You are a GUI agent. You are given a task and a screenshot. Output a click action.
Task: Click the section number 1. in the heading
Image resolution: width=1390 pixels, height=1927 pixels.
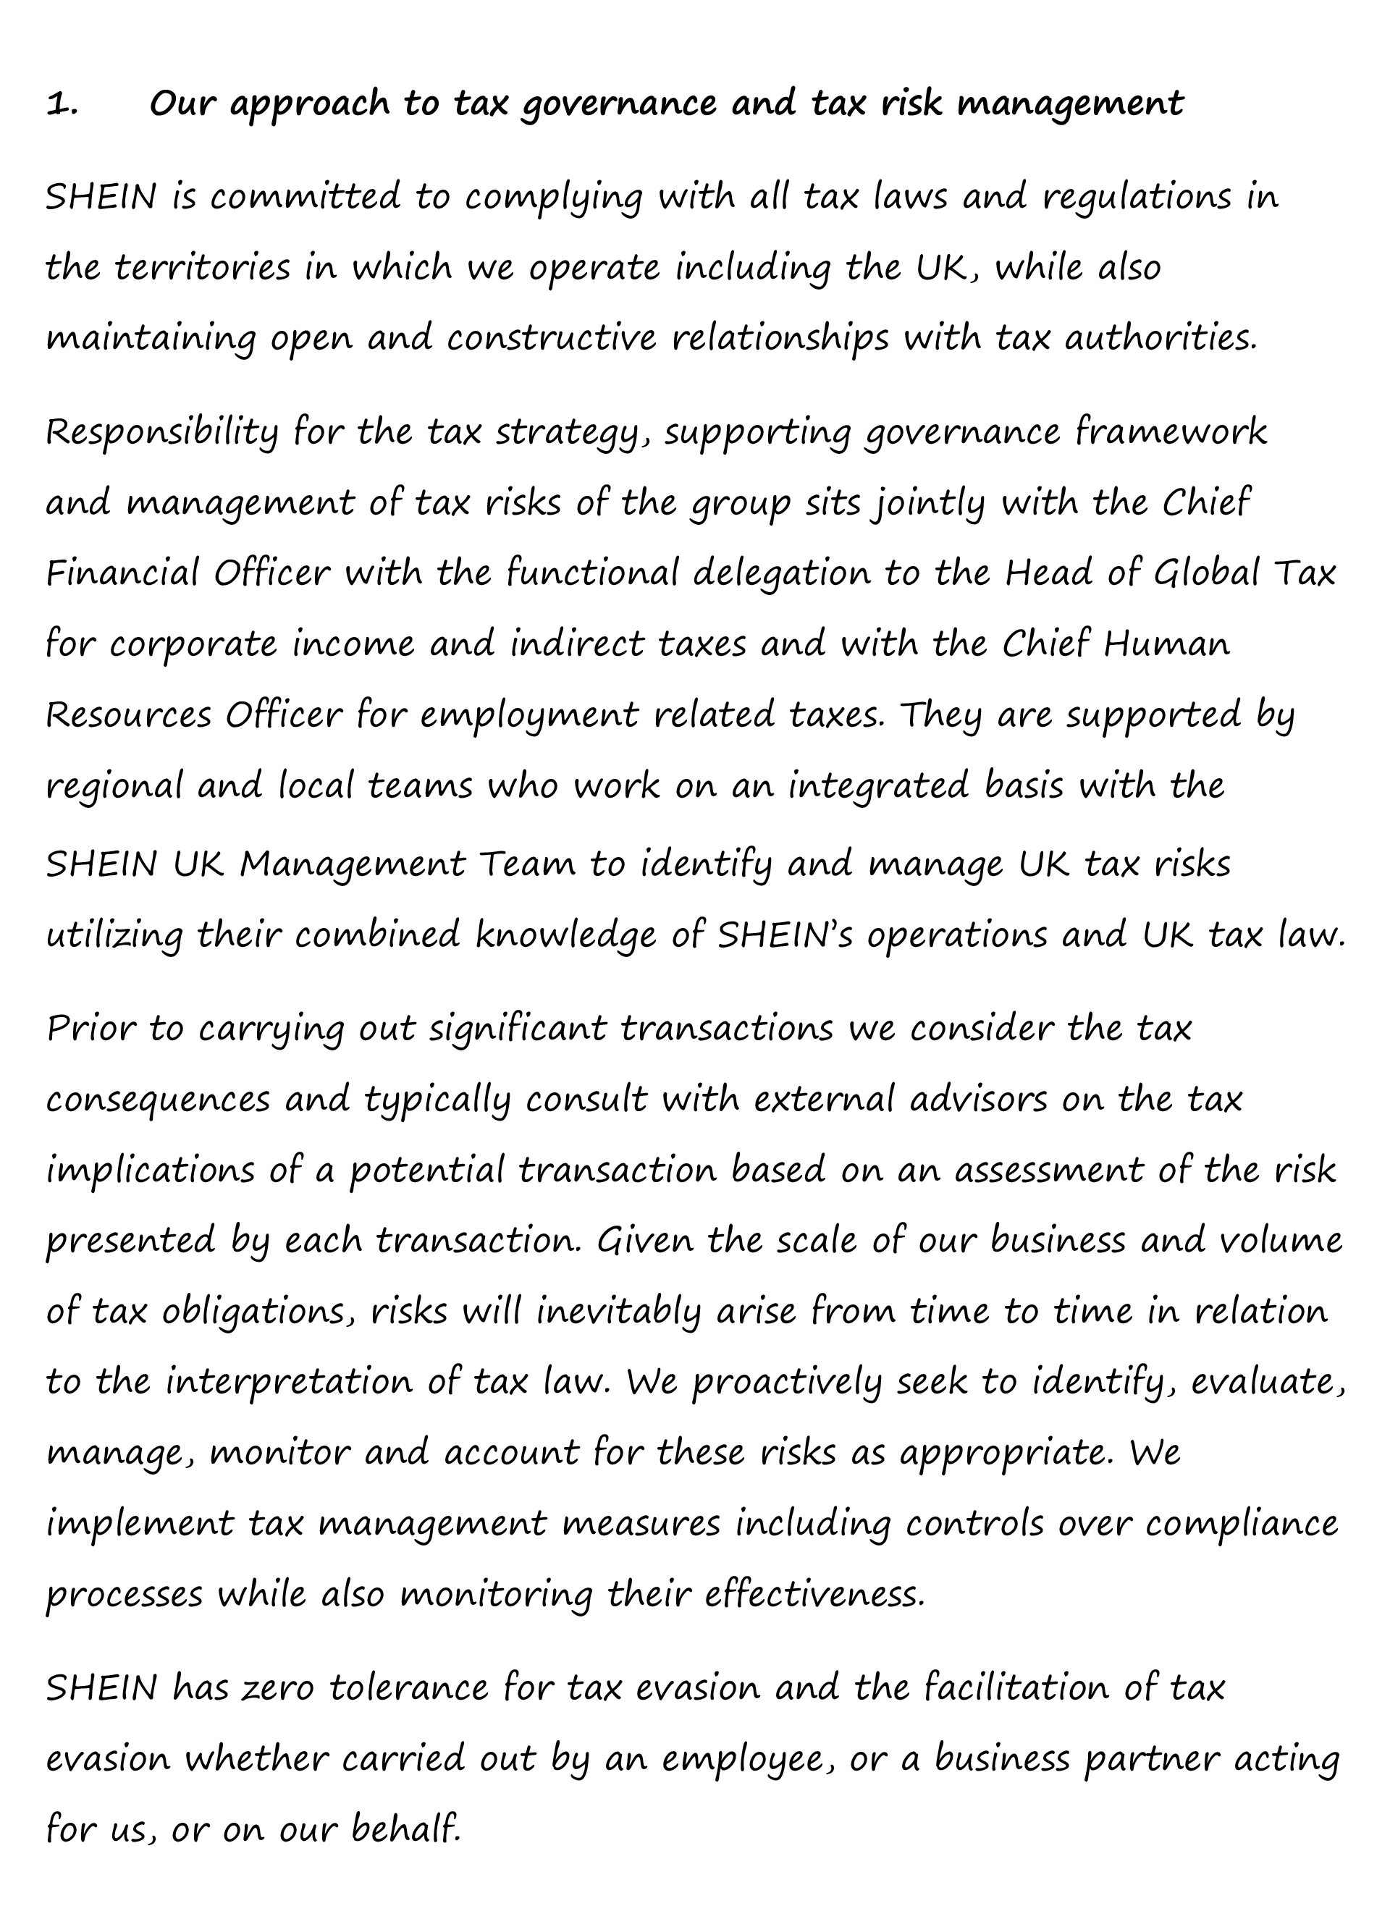63,106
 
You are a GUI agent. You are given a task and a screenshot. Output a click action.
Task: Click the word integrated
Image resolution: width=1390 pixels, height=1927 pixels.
878,786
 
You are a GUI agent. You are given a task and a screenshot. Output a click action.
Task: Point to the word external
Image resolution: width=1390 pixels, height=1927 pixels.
823,1100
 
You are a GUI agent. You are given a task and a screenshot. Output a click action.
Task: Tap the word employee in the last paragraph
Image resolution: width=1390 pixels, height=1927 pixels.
742,1760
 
